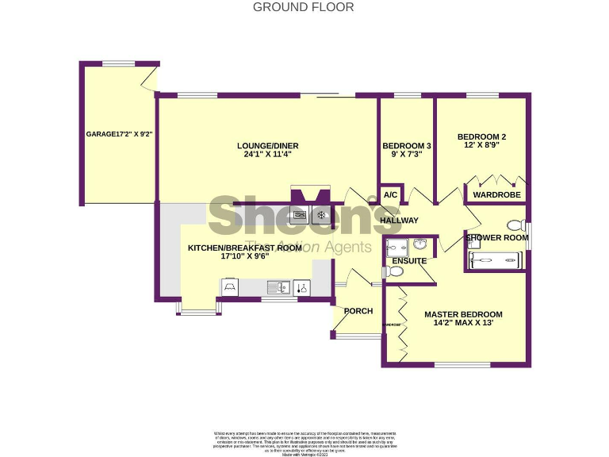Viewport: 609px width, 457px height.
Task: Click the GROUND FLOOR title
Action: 304,7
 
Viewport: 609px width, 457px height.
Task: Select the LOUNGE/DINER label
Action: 267,145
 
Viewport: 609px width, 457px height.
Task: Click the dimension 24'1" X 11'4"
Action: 267,155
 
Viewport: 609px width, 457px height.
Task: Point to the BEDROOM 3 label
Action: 407,146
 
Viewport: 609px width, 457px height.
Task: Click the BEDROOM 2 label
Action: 481,136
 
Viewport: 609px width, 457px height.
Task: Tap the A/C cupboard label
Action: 390,195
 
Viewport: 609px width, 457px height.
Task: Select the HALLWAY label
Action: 399,220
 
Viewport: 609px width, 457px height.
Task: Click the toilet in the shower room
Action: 515,225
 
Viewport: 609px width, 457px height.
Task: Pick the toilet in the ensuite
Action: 394,272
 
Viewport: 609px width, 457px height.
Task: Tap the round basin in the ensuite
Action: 420,244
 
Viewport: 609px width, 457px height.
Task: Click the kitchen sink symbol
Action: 277,287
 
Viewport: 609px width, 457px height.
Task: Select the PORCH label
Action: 358,310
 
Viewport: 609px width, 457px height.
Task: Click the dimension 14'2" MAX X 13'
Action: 462,324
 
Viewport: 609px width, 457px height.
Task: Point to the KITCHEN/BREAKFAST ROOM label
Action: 244,248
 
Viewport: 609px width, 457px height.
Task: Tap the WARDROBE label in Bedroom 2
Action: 496,194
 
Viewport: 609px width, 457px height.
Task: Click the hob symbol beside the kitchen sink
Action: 302,287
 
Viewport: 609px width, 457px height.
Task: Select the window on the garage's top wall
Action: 118,63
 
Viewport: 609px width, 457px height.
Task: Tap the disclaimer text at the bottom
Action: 304,440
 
